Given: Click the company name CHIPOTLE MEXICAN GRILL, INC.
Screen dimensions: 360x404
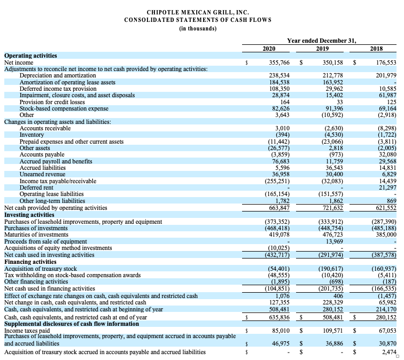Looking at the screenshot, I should (198, 12).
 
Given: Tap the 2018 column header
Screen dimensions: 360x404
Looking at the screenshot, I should (376, 49).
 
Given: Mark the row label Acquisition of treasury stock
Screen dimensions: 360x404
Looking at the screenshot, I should (41, 269).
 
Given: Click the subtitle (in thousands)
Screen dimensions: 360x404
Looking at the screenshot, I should (198, 29).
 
